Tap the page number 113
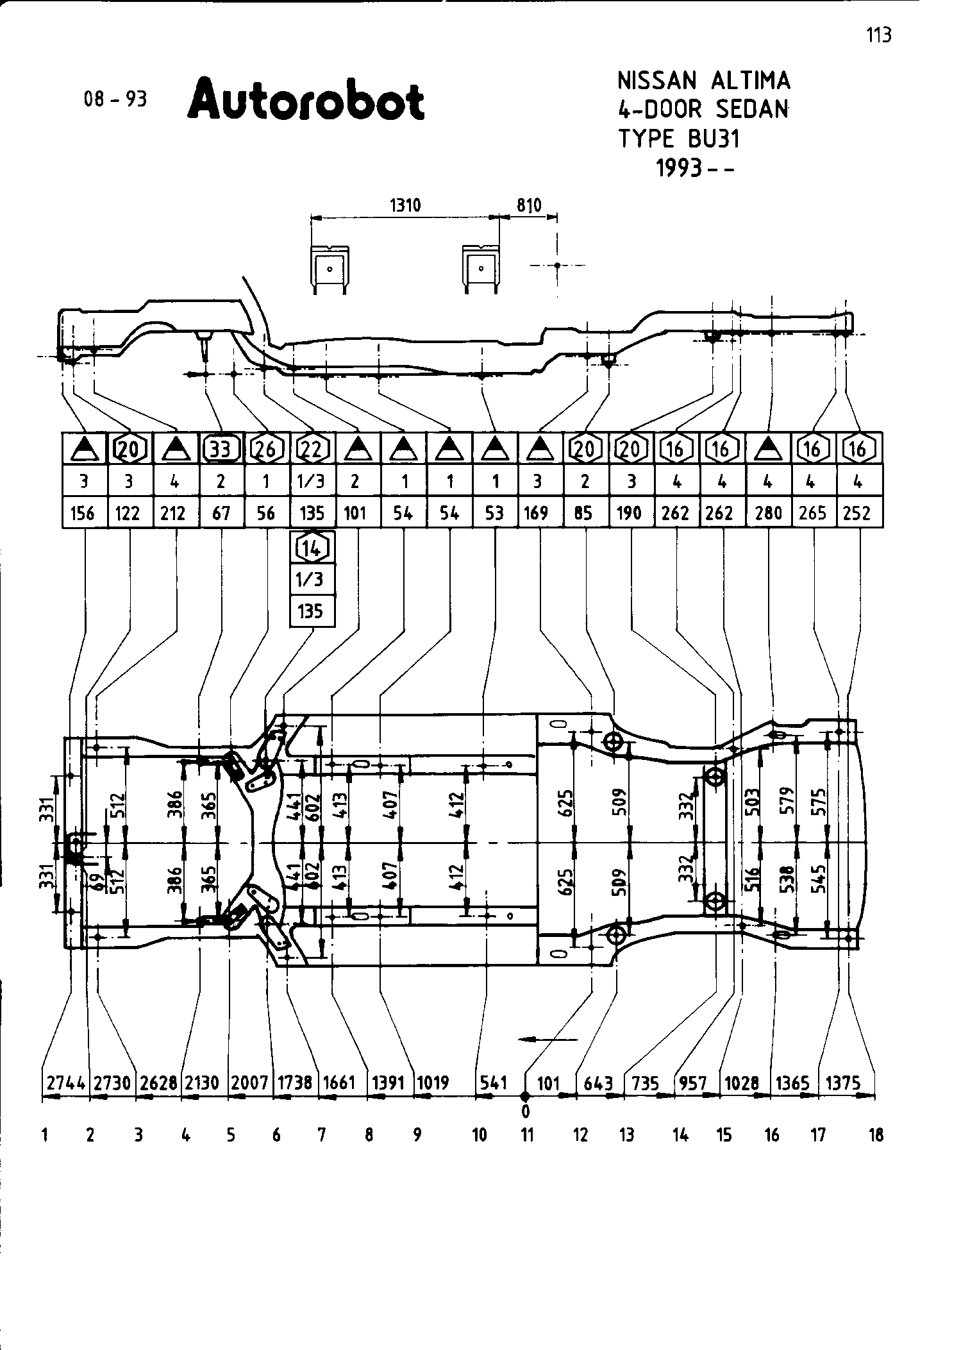pyautogui.click(x=879, y=35)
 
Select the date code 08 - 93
pyautogui.click(x=115, y=99)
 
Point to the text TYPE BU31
pyautogui.click(x=679, y=139)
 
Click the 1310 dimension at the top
pyautogui.click(x=405, y=205)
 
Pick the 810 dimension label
pyautogui.click(x=530, y=205)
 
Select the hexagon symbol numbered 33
pyautogui.click(x=221, y=450)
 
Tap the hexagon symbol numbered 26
pyautogui.click(x=266, y=450)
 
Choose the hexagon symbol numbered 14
pyautogui.click(x=312, y=548)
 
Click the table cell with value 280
pyautogui.click(x=769, y=513)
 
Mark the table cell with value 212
pyautogui.click(x=174, y=513)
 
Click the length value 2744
pyautogui.click(x=66, y=1083)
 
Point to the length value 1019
pyautogui.click(x=433, y=1083)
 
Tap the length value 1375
pyautogui.click(x=842, y=1083)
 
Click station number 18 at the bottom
pyautogui.click(x=876, y=1136)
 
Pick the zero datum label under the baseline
pyautogui.click(x=526, y=1111)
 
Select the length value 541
pyautogui.click(x=494, y=1083)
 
